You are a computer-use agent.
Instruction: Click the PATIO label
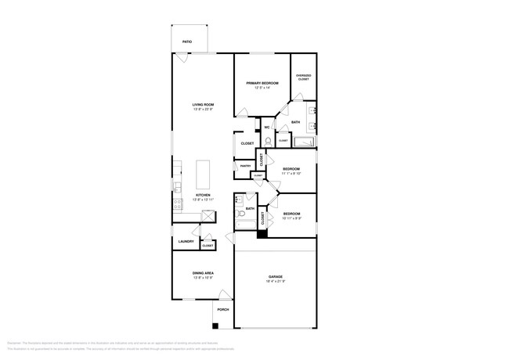pos(187,41)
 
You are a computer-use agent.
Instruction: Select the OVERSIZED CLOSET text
pos(303,77)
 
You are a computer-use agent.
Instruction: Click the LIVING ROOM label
pos(204,104)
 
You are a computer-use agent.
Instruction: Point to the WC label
pos(267,127)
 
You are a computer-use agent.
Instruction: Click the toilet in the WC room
pos(268,141)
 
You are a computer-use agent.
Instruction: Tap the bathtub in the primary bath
pos(304,142)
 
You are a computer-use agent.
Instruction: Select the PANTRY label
pos(245,166)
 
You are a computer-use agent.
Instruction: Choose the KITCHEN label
pos(203,195)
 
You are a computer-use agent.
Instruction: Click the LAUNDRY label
pos(186,241)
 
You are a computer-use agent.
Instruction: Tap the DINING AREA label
pos(203,272)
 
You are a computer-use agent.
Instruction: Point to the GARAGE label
pos(276,276)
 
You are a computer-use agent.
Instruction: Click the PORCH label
pos(222,309)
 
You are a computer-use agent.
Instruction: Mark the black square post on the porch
pos(215,325)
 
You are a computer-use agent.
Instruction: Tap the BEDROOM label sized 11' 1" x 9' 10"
pos(291,168)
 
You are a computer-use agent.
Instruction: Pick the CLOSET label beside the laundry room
pos(208,246)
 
